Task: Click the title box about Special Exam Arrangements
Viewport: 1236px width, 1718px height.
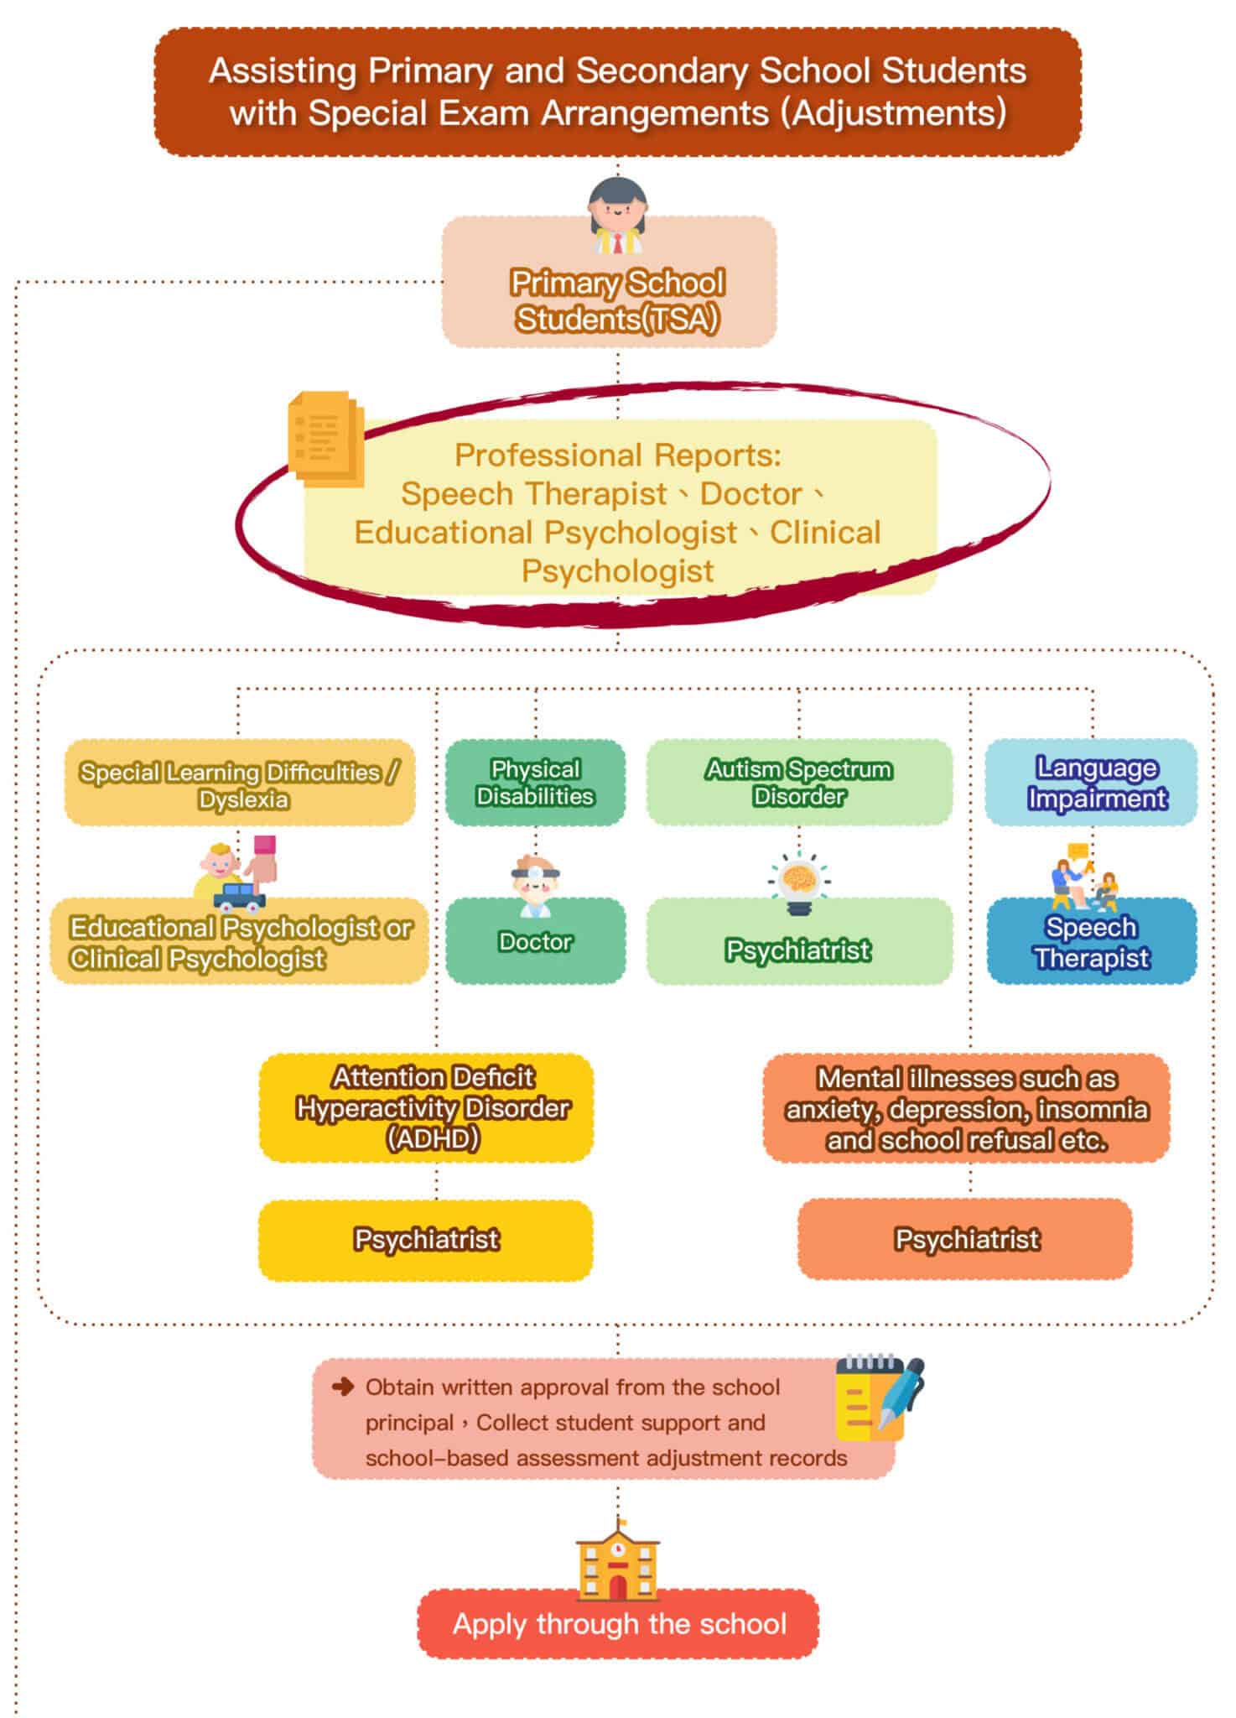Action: tap(617, 92)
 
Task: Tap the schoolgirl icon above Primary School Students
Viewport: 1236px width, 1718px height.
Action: tap(618, 216)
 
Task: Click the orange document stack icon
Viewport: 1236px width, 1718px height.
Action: tap(325, 438)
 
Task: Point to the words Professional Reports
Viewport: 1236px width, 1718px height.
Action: tap(617, 456)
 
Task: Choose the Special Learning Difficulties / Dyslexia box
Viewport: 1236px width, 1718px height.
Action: tap(241, 784)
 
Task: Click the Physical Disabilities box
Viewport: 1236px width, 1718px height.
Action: tap(535, 783)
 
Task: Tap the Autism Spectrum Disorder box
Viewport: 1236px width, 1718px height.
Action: tap(798, 783)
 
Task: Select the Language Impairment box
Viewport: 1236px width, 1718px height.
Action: tap(1091, 783)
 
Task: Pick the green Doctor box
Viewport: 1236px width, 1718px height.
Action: tap(535, 942)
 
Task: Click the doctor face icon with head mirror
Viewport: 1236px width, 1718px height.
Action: tap(534, 884)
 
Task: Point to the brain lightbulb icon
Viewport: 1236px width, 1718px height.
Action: tap(797, 882)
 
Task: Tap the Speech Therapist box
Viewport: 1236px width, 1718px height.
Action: tap(1091, 942)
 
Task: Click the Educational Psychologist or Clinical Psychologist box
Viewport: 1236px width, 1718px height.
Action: tap(241, 943)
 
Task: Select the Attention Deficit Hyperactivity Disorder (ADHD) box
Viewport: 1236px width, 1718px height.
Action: tap(427, 1107)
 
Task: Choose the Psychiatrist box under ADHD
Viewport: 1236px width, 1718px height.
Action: tap(426, 1239)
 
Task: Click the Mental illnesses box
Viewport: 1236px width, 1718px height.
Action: tap(966, 1108)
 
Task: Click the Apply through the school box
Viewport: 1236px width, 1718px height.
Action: tap(618, 1624)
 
